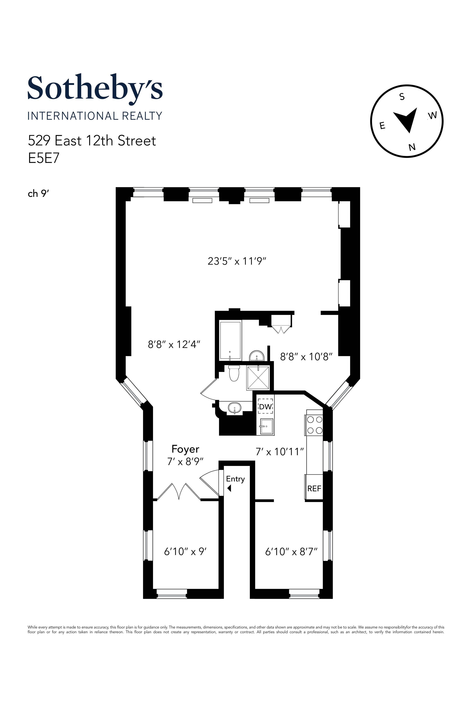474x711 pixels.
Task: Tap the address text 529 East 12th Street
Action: pos(92,141)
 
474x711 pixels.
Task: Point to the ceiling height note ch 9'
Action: pos(38,194)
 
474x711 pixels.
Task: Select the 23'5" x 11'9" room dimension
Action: pos(236,261)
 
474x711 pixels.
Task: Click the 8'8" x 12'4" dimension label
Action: pos(174,344)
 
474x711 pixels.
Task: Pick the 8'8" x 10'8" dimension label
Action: pos(306,357)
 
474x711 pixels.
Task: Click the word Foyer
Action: pos(185,449)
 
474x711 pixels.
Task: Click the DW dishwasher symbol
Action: pos(266,407)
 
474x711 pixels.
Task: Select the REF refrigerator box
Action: pos(314,488)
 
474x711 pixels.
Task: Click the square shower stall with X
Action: pos(258,378)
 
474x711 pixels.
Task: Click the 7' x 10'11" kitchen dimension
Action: pos(279,452)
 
